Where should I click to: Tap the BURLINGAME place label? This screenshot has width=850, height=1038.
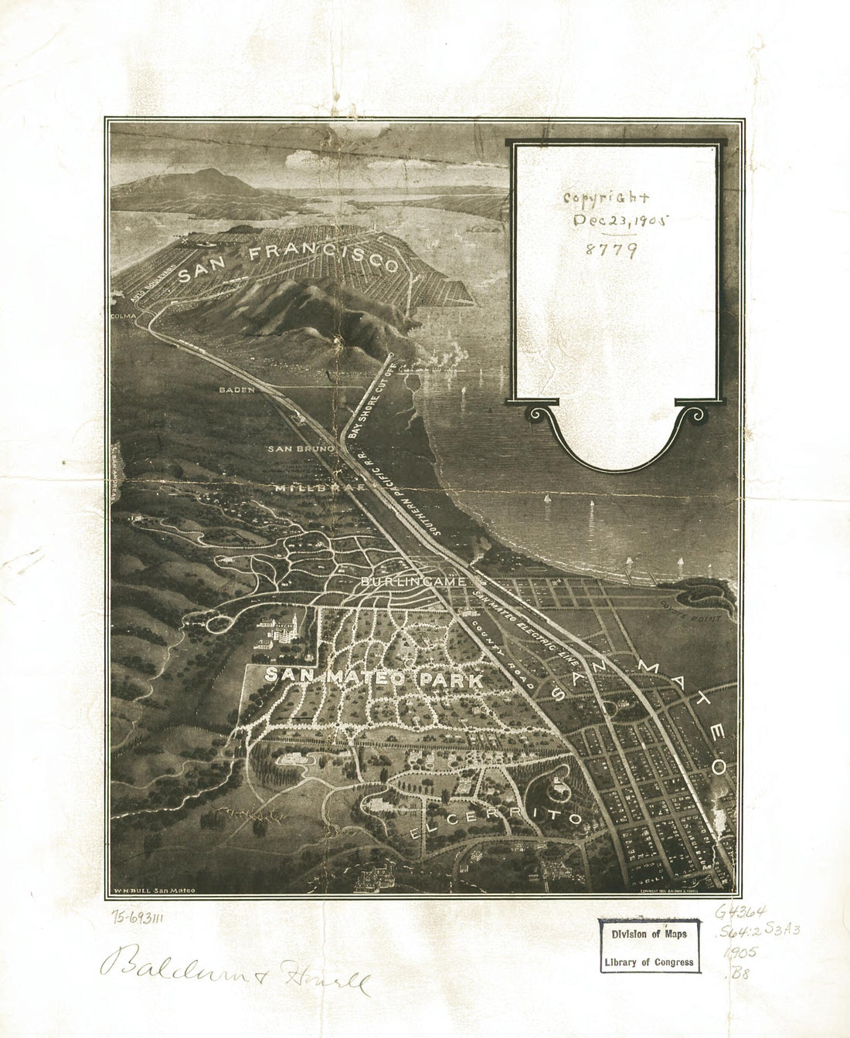(x=413, y=581)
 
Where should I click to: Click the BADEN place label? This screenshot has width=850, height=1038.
(x=236, y=390)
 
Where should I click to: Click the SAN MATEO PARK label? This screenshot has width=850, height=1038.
(x=374, y=678)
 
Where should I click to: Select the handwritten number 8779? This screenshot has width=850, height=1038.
(x=610, y=249)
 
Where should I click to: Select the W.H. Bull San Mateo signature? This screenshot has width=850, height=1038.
(x=154, y=890)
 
